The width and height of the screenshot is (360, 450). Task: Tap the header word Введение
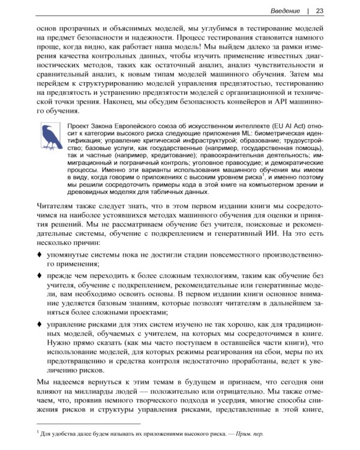click(285, 10)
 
